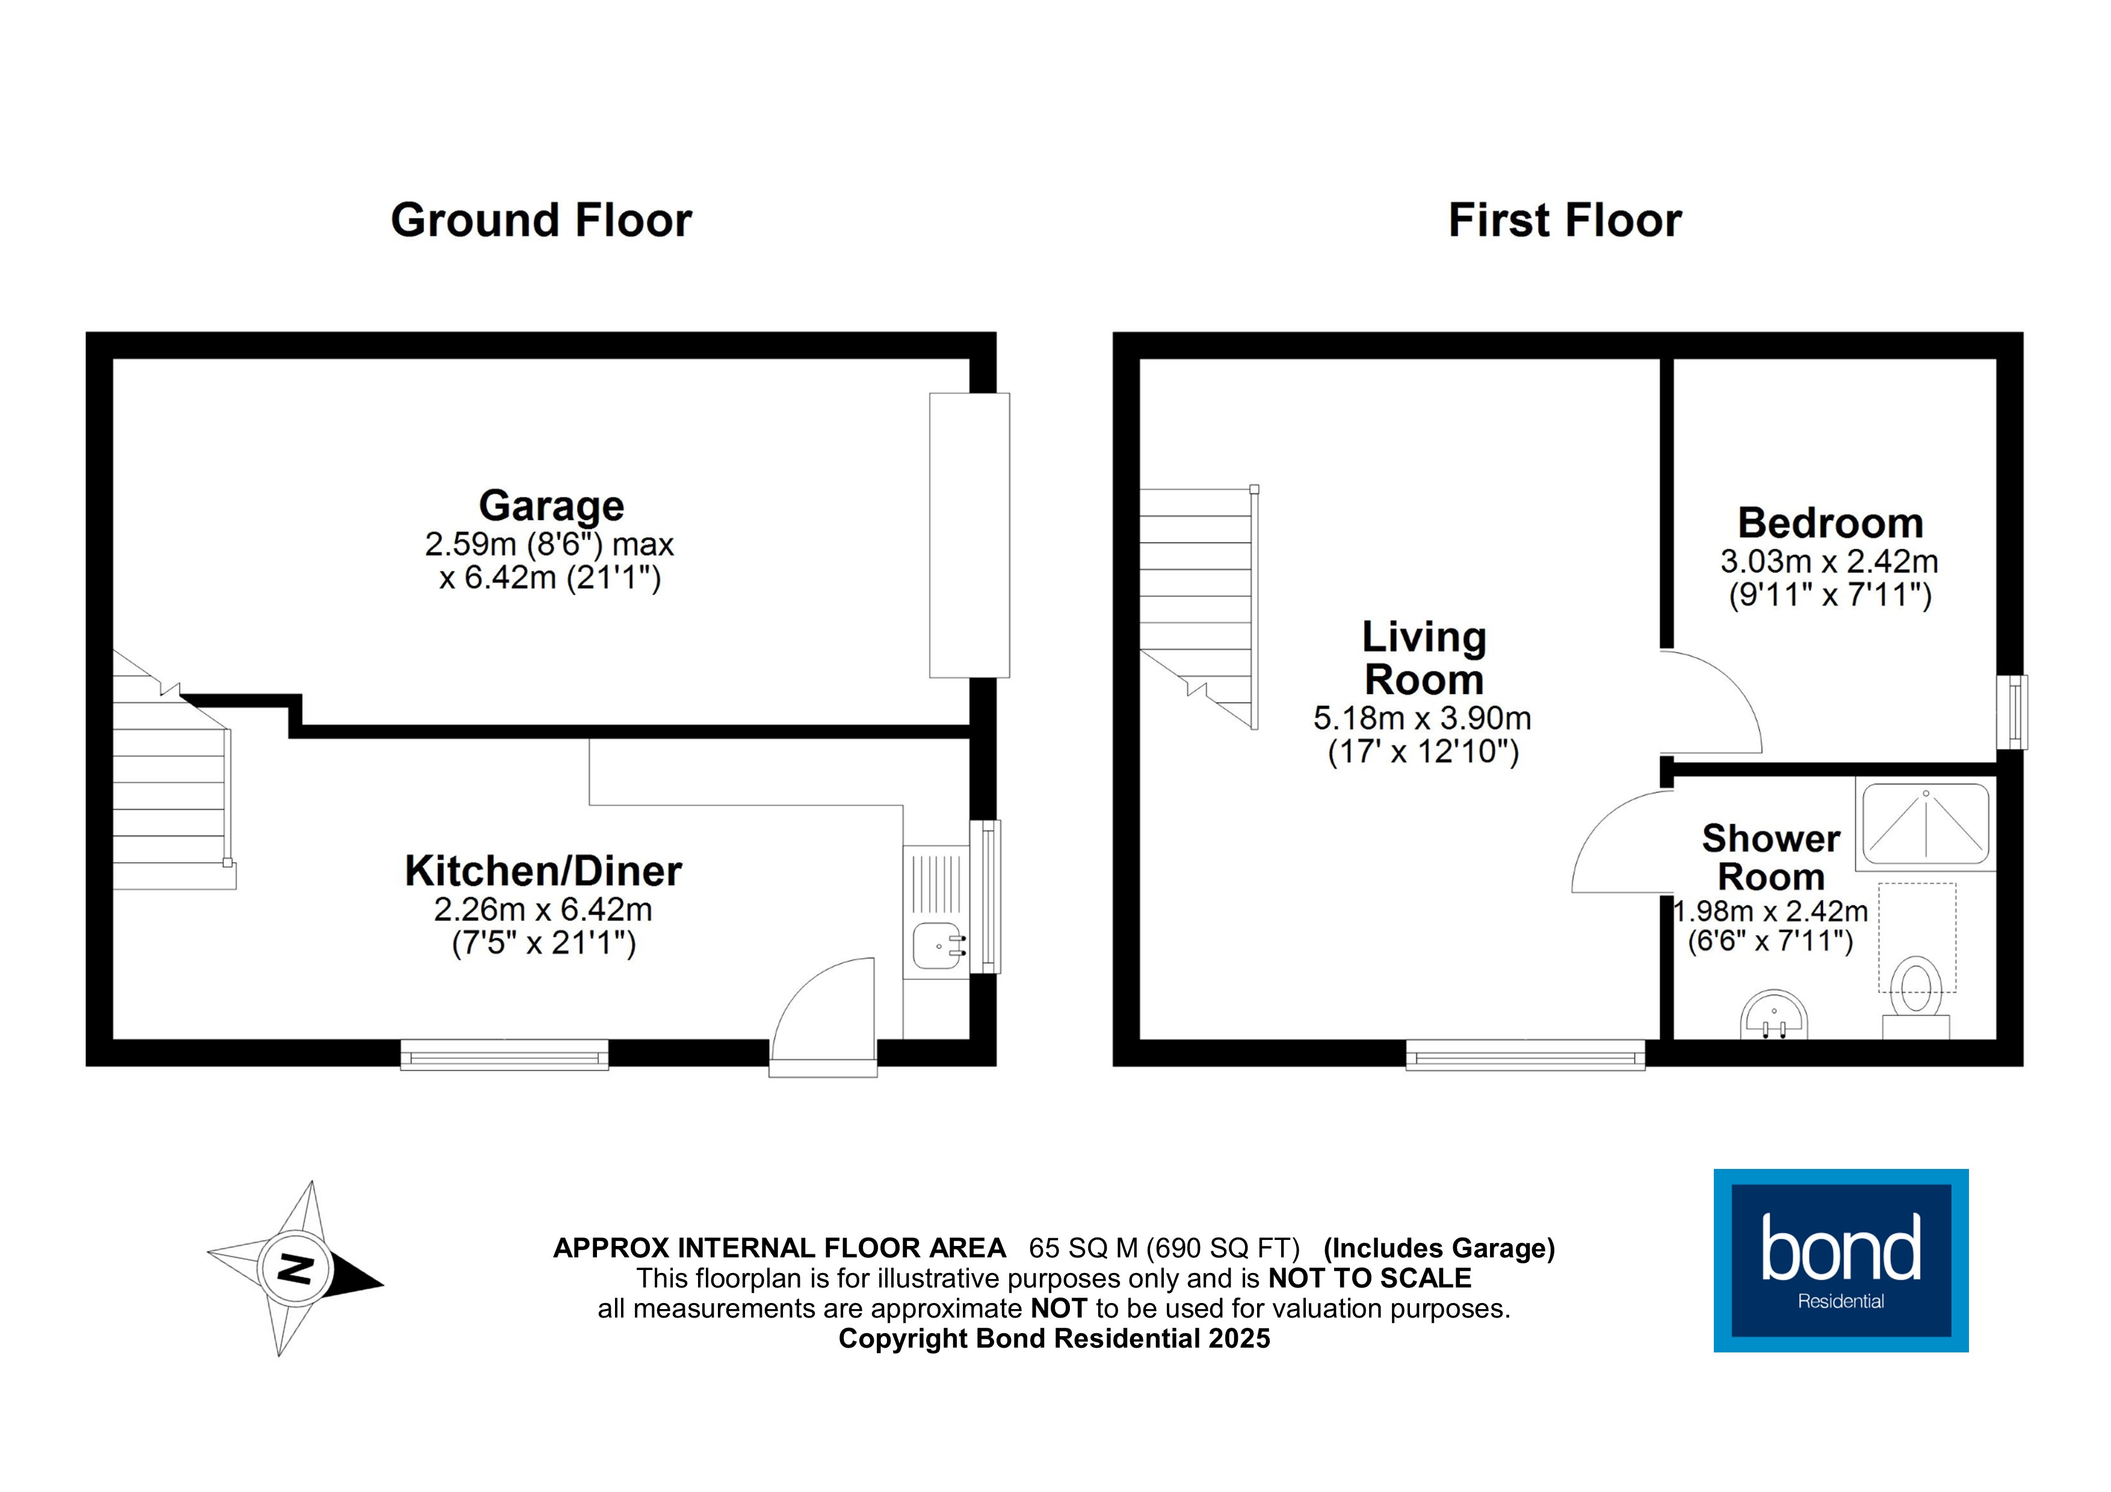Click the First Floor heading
pos(1565,221)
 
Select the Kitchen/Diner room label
pos(543,871)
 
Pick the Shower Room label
pos(1771,858)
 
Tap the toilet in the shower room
pos(1916,998)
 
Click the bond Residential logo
pos(1841,1260)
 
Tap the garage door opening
pos(969,535)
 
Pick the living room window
pos(1525,1055)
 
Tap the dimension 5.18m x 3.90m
pos(1423,718)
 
